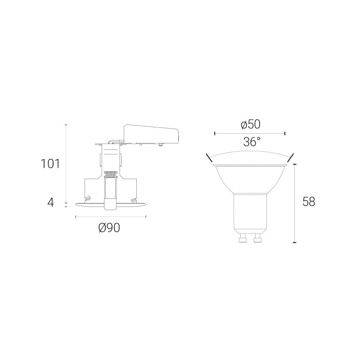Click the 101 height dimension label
[x=50, y=164]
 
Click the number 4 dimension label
[x=50, y=202]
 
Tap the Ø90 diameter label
[x=109, y=228]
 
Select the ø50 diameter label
[x=251, y=125]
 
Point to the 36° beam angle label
[x=252, y=142]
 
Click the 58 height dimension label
[x=309, y=202]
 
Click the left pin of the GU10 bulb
[x=243, y=238]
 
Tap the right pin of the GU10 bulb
[x=257, y=238]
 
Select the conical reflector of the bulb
[x=250, y=179]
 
